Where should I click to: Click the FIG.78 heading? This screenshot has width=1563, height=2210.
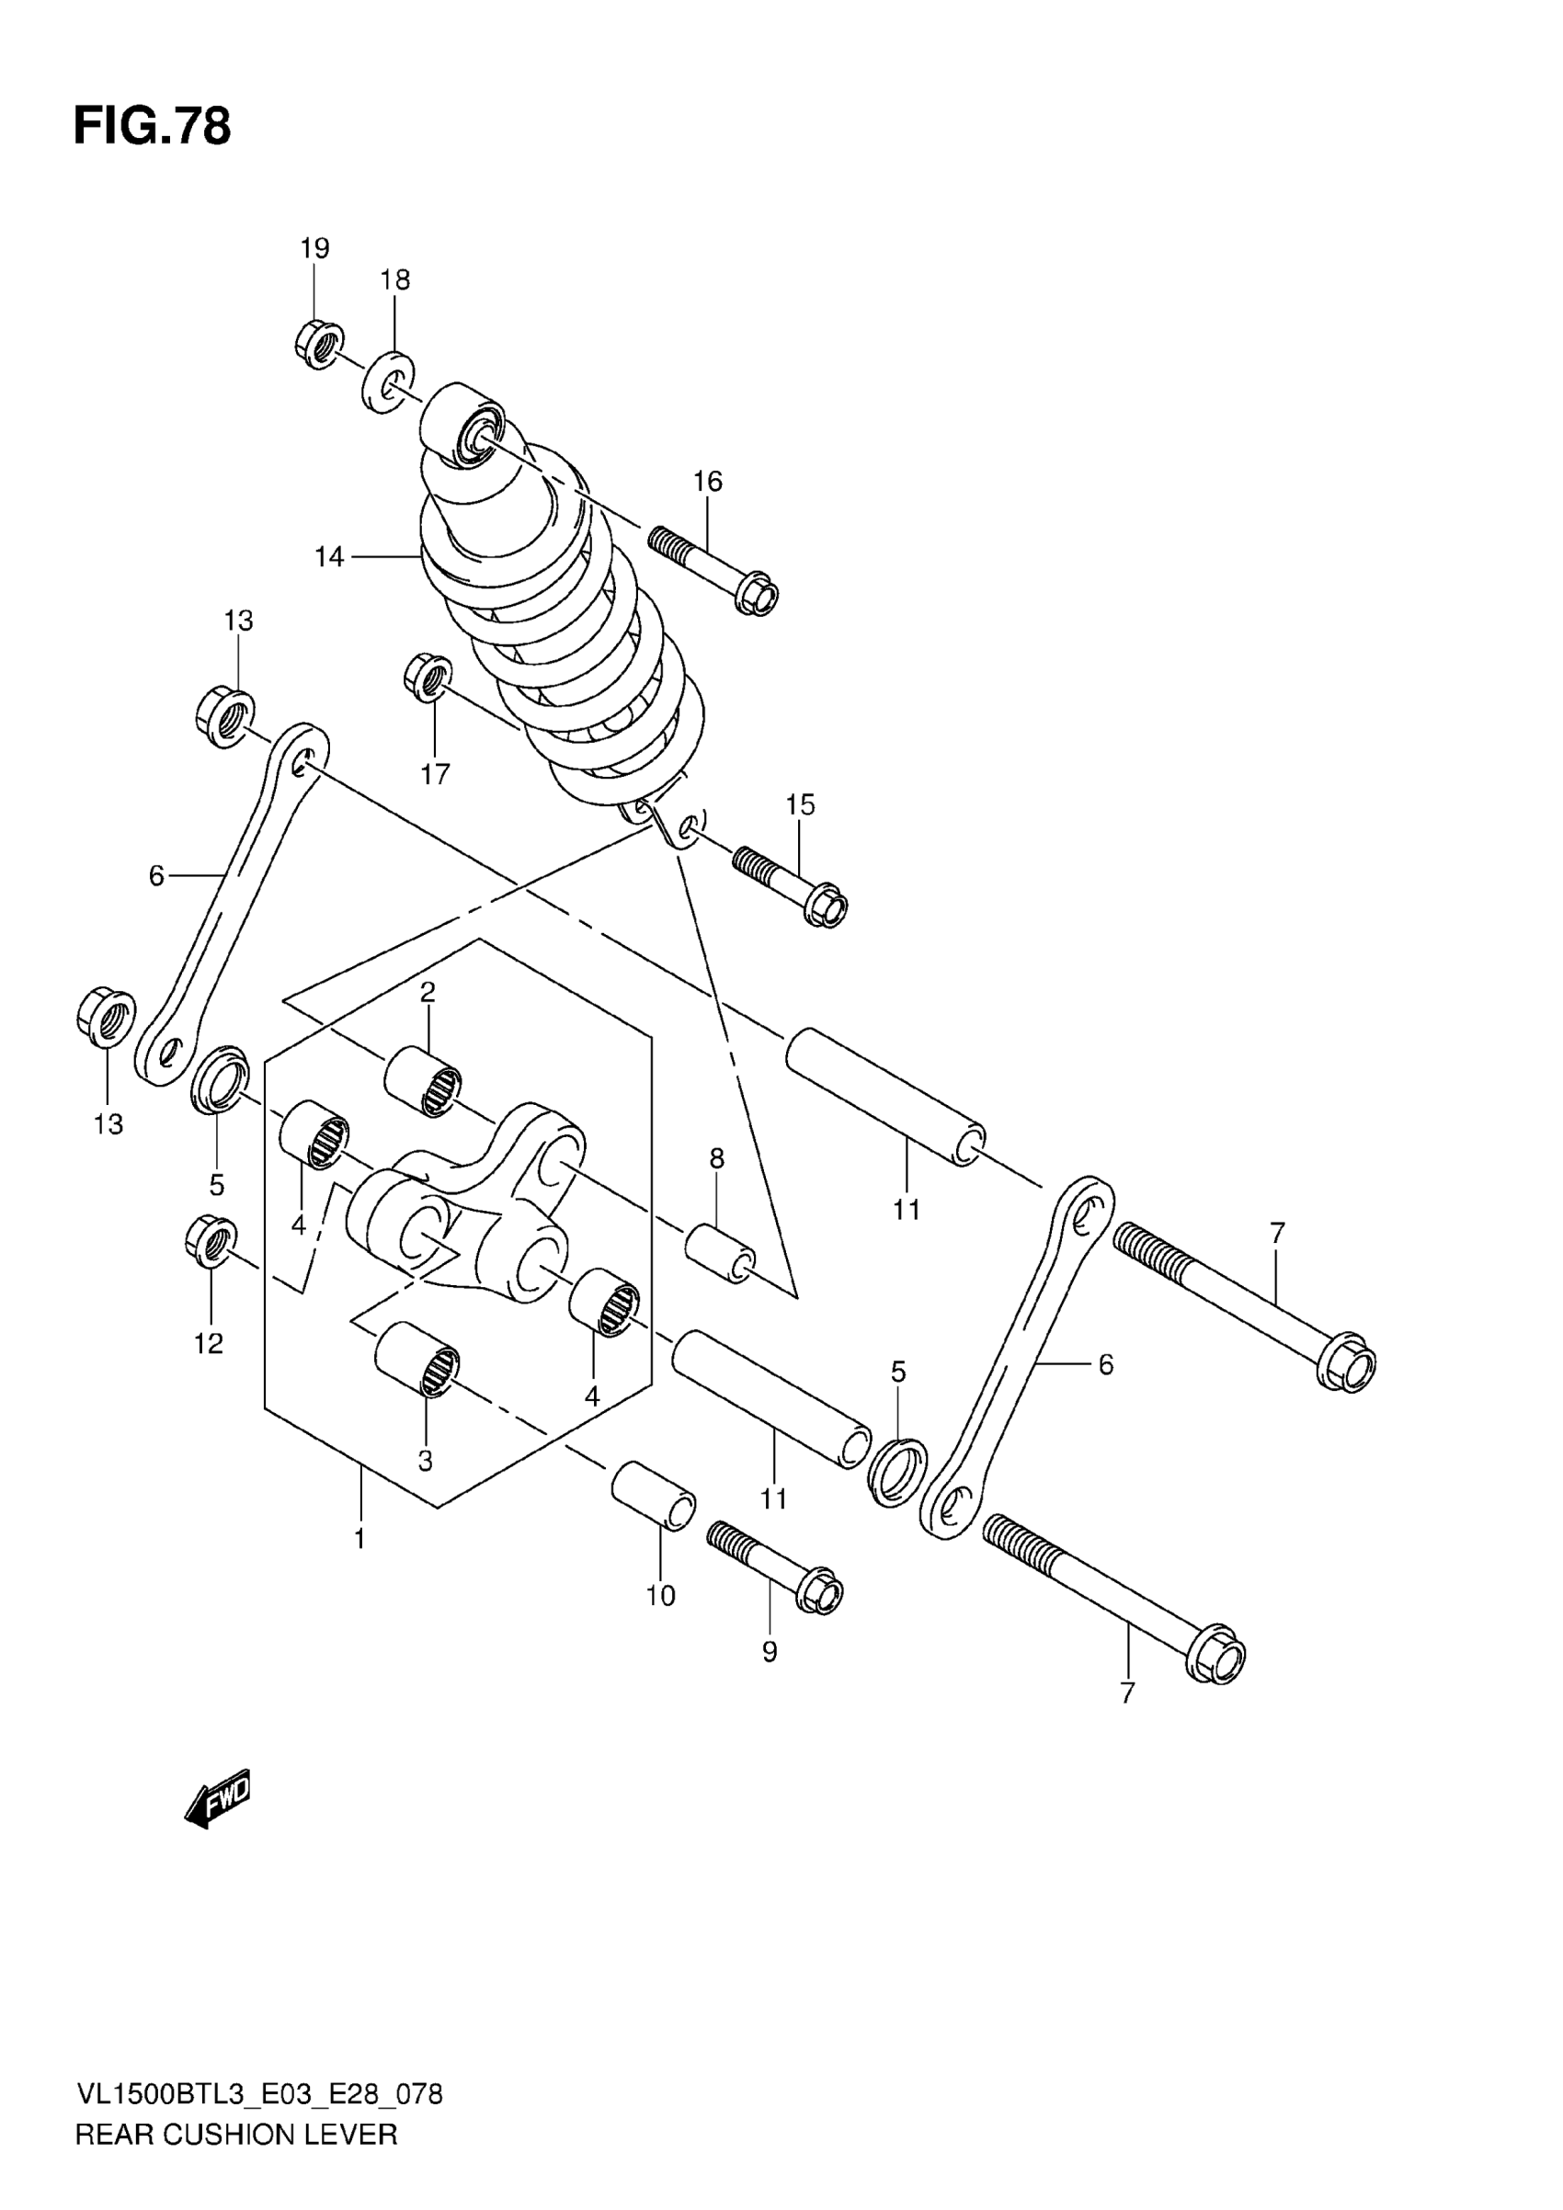tap(152, 127)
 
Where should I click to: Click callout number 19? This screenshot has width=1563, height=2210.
tap(314, 248)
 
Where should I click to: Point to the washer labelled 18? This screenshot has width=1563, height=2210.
tap(388, 382)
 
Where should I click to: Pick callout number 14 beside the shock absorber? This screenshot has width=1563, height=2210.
tap(329, 556)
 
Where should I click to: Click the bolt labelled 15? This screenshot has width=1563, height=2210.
tap(791, 883)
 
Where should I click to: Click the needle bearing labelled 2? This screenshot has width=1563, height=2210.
tap(423, 1082)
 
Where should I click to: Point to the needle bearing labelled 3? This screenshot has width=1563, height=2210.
tap(416, 1358)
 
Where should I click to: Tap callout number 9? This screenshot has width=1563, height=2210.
tap(769, 1652)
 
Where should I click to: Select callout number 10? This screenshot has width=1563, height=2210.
tap(660, 1596)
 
